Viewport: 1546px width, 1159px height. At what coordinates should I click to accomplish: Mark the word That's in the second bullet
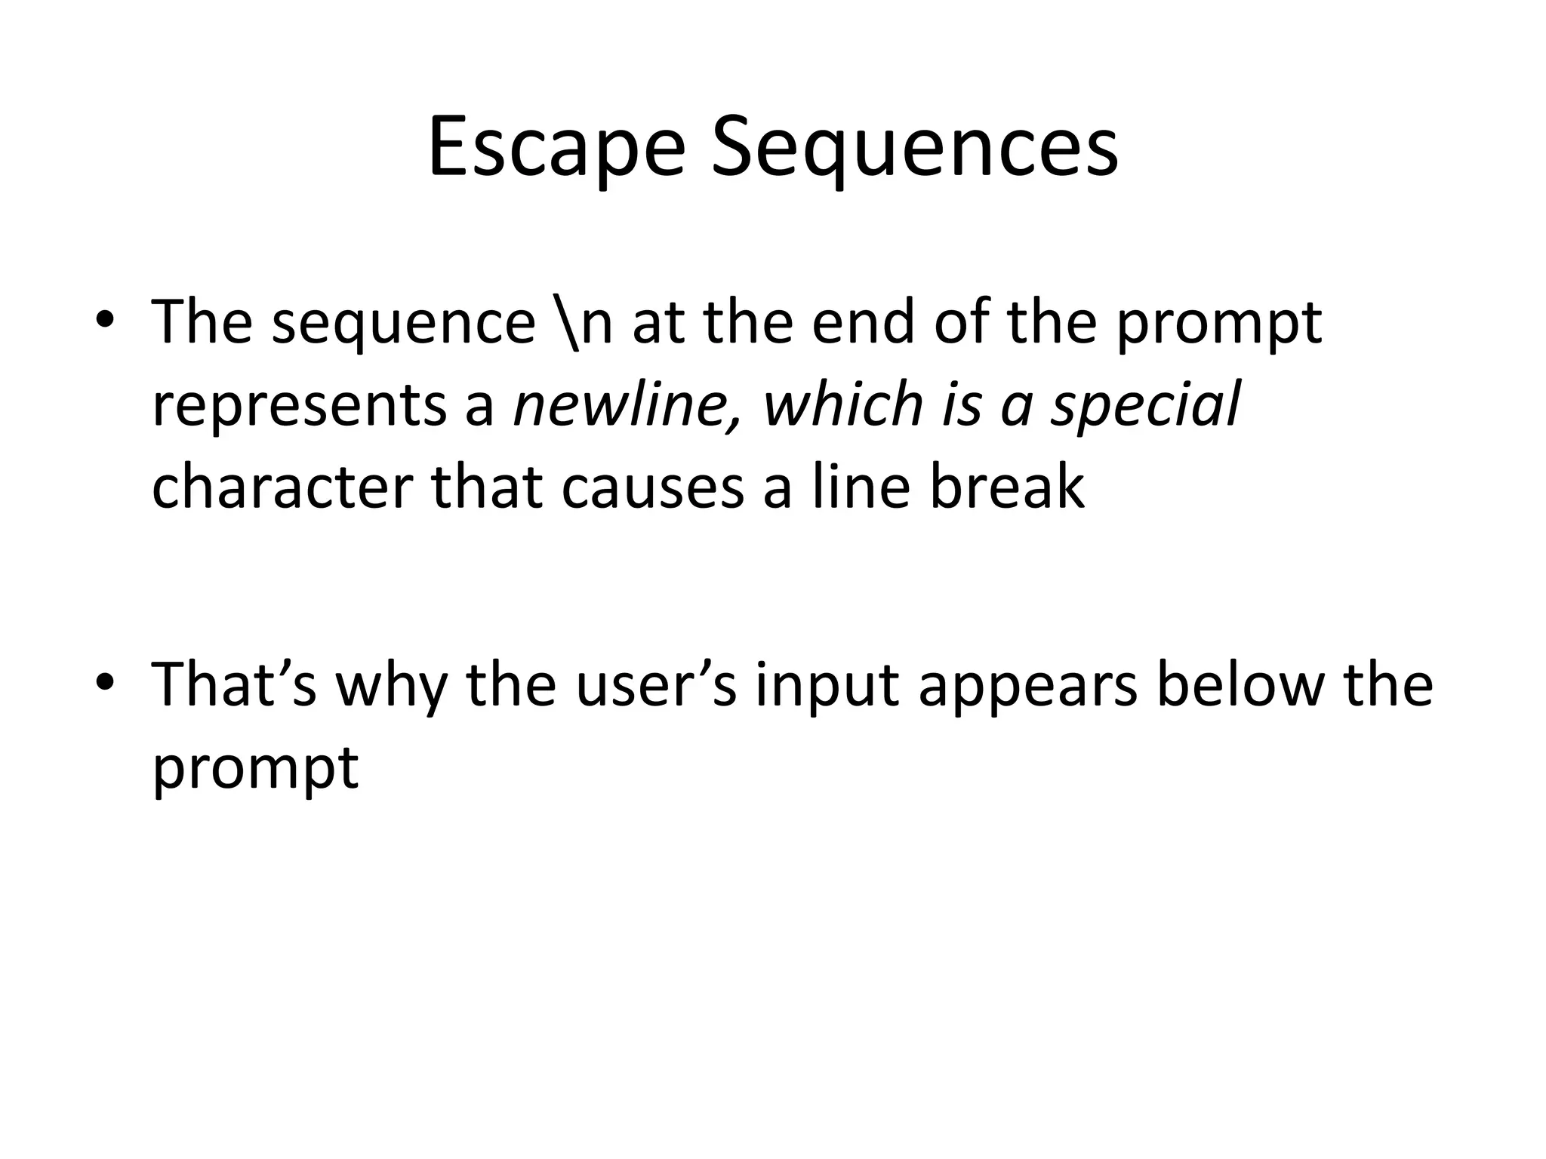[x=234, y=684]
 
